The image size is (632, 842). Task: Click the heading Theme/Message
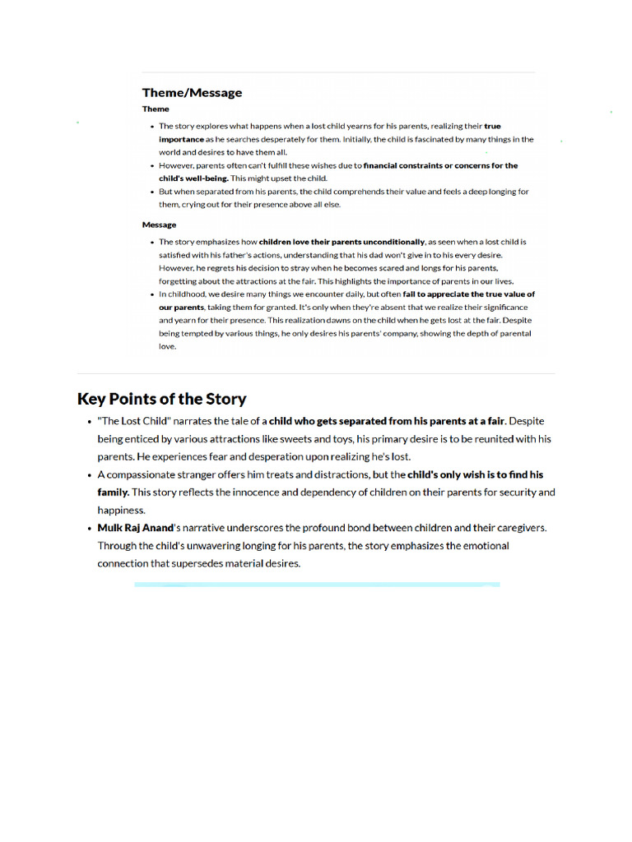[192, 93]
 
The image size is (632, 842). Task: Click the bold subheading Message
[159, 224]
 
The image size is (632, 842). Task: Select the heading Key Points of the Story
[161, 399]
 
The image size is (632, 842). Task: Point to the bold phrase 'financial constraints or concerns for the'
[440, 165]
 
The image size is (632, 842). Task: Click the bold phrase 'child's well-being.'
[193, 178]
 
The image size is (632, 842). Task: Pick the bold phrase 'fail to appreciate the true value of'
[468, 294]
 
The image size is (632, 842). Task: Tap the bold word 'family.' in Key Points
[114, 492]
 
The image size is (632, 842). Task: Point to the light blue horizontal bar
[317, 585]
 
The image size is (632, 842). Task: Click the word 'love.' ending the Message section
[167, 346]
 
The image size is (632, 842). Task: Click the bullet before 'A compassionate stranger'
[88, 475]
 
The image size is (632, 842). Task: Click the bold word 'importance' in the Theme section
[180, 140]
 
